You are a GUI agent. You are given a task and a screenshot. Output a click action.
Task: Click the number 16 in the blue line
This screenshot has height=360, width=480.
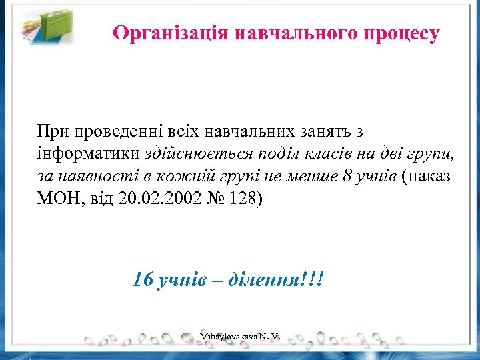pyautogui.click(x=143, y=279)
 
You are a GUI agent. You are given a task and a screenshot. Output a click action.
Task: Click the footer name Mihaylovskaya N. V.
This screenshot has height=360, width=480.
pyautogui.click(x=239, y=338)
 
